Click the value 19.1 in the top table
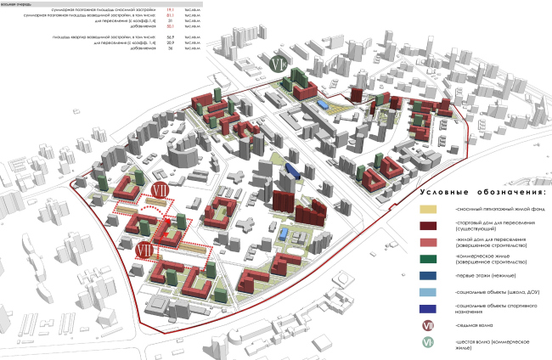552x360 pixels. point(170,9)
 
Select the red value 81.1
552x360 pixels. point(170,15)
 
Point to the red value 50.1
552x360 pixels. point(170,26)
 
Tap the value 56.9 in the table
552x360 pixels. point(170,37)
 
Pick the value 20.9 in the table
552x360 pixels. point(170,42)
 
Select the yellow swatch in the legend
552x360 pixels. point(435,209)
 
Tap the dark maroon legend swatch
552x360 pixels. point(435,228)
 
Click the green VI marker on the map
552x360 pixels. point(280,65)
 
